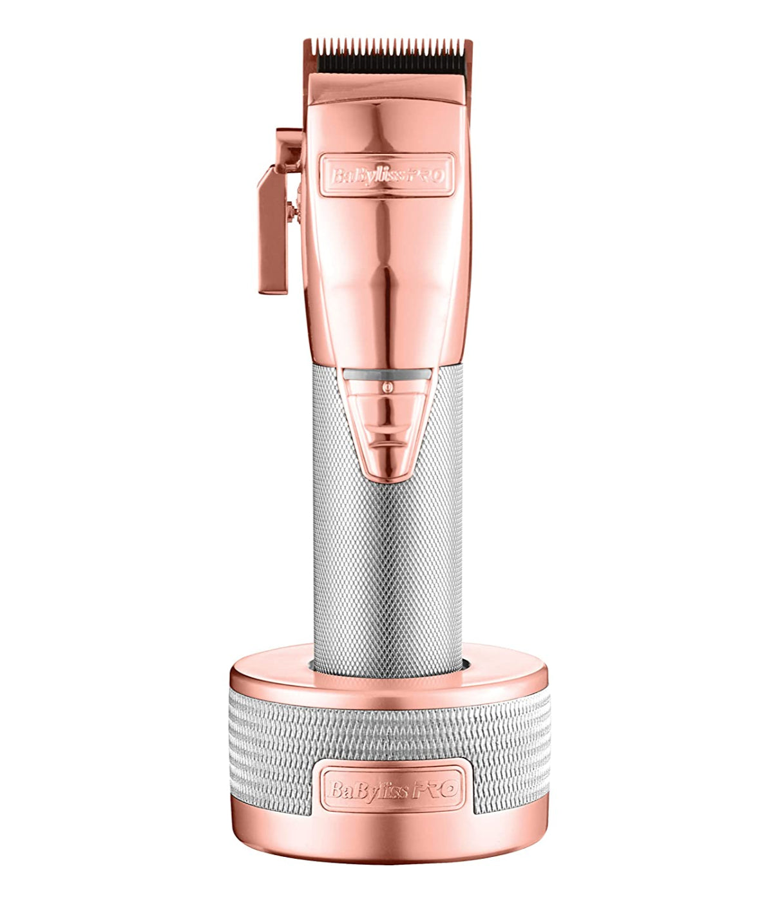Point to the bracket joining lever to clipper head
289,145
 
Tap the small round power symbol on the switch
387,387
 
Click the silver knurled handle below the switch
386,567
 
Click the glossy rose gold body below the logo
386,271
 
